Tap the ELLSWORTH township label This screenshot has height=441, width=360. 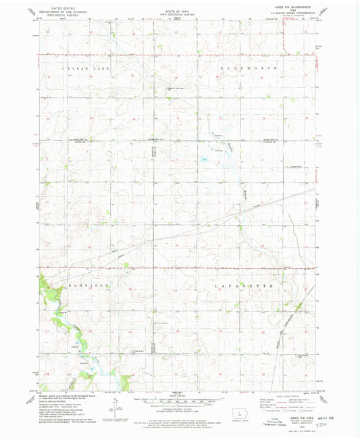pyautogui.click(x=247, y=69)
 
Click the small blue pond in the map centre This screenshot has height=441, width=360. pyautogui.click(x=203, y=159)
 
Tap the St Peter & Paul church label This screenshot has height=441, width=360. pyautogui.click(x=134, y=351)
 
